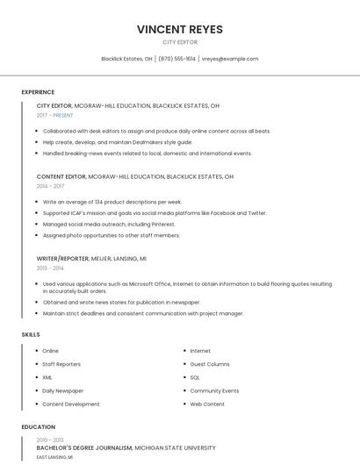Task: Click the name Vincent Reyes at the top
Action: click(180, 29)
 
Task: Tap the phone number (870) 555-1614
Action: click(176, 59)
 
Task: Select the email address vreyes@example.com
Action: click(229, 59)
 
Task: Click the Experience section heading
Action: click(38, 92)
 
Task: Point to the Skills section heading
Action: click(31, 334)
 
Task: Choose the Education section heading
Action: click(38, 427)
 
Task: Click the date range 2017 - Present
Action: click(54, 115)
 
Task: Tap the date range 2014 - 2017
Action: click(50, 186)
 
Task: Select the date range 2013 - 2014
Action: click(50, 268)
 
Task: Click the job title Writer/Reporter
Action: click(62, 259)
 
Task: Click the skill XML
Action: click(47, 377)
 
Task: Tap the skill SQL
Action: click(195, 377)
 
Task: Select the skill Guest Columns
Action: click(209, 364)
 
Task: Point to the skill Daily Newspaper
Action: click(62, 390)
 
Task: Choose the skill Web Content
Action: click(207, 404)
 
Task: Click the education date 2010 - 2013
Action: click(50, 440)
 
